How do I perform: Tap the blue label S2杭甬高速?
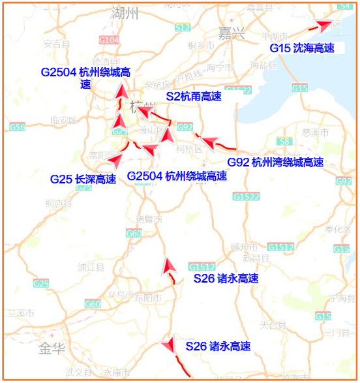[193, 97]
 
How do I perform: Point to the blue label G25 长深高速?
[83, 179]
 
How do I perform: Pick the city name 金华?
[52, 348]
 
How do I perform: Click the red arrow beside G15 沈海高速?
[322, 25]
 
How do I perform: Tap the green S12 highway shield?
[183, 27]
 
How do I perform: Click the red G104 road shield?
[109, 40]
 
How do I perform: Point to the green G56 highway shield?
[18, 127]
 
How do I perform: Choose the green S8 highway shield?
[283, 141]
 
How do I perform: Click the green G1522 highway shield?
[245, 196]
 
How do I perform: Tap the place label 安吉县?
[56, 44]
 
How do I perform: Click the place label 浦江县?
[91, 267]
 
